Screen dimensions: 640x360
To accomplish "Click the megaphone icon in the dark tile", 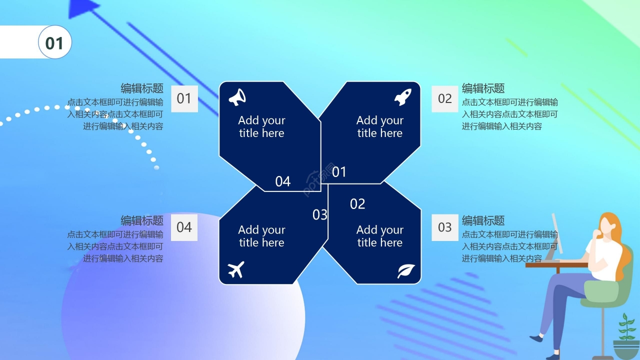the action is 237,97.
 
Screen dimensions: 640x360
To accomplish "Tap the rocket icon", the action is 403,97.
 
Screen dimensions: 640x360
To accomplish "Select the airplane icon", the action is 236,269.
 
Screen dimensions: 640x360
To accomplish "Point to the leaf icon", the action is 406,271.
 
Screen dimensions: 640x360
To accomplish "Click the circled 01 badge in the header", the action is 55,42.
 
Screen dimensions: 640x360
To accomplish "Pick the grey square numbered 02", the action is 445,99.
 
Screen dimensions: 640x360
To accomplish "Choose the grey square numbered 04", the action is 184,227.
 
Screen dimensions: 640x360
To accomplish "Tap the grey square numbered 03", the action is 445,227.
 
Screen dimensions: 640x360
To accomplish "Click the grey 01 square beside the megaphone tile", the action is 184,99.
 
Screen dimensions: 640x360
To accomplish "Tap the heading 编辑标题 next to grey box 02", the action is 483,88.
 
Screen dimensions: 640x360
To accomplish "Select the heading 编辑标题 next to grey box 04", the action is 142,220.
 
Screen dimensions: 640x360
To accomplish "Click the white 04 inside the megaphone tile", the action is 283,181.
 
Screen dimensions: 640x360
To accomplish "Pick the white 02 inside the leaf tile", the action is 357,204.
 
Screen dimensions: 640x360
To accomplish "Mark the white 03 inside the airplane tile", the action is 319,215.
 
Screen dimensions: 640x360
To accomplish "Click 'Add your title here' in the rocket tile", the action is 380,126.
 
